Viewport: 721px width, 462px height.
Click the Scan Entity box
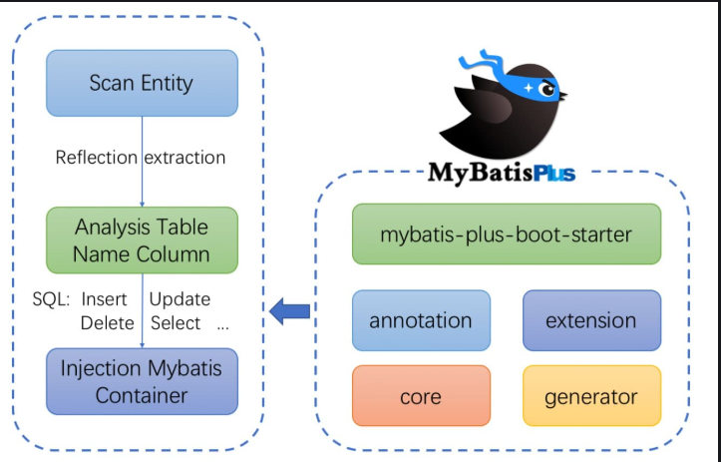tap(142, 82)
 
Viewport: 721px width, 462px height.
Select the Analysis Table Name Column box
tap(142, 239)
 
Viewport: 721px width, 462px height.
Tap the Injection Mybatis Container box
tap(142, 381)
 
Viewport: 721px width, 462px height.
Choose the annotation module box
tap(421, 320)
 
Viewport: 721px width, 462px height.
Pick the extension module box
tap(590, 320)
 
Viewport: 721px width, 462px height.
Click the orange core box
tap(421, 396)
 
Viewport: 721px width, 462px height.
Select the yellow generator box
tap(590, 396)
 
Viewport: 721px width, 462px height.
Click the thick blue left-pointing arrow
tap(290, 311)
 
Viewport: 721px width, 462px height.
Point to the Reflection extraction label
tap(141, 158)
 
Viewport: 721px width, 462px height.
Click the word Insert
tap(104, 299)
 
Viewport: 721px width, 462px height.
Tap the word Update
tap(180, 299)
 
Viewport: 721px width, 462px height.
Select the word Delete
tap(107, 323)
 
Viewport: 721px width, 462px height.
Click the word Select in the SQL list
tap(176, 323)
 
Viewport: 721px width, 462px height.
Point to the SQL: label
tap(50, 299)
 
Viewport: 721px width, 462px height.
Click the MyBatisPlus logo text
tap(502, 173)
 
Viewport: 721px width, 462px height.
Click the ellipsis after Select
tap(222, 326)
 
